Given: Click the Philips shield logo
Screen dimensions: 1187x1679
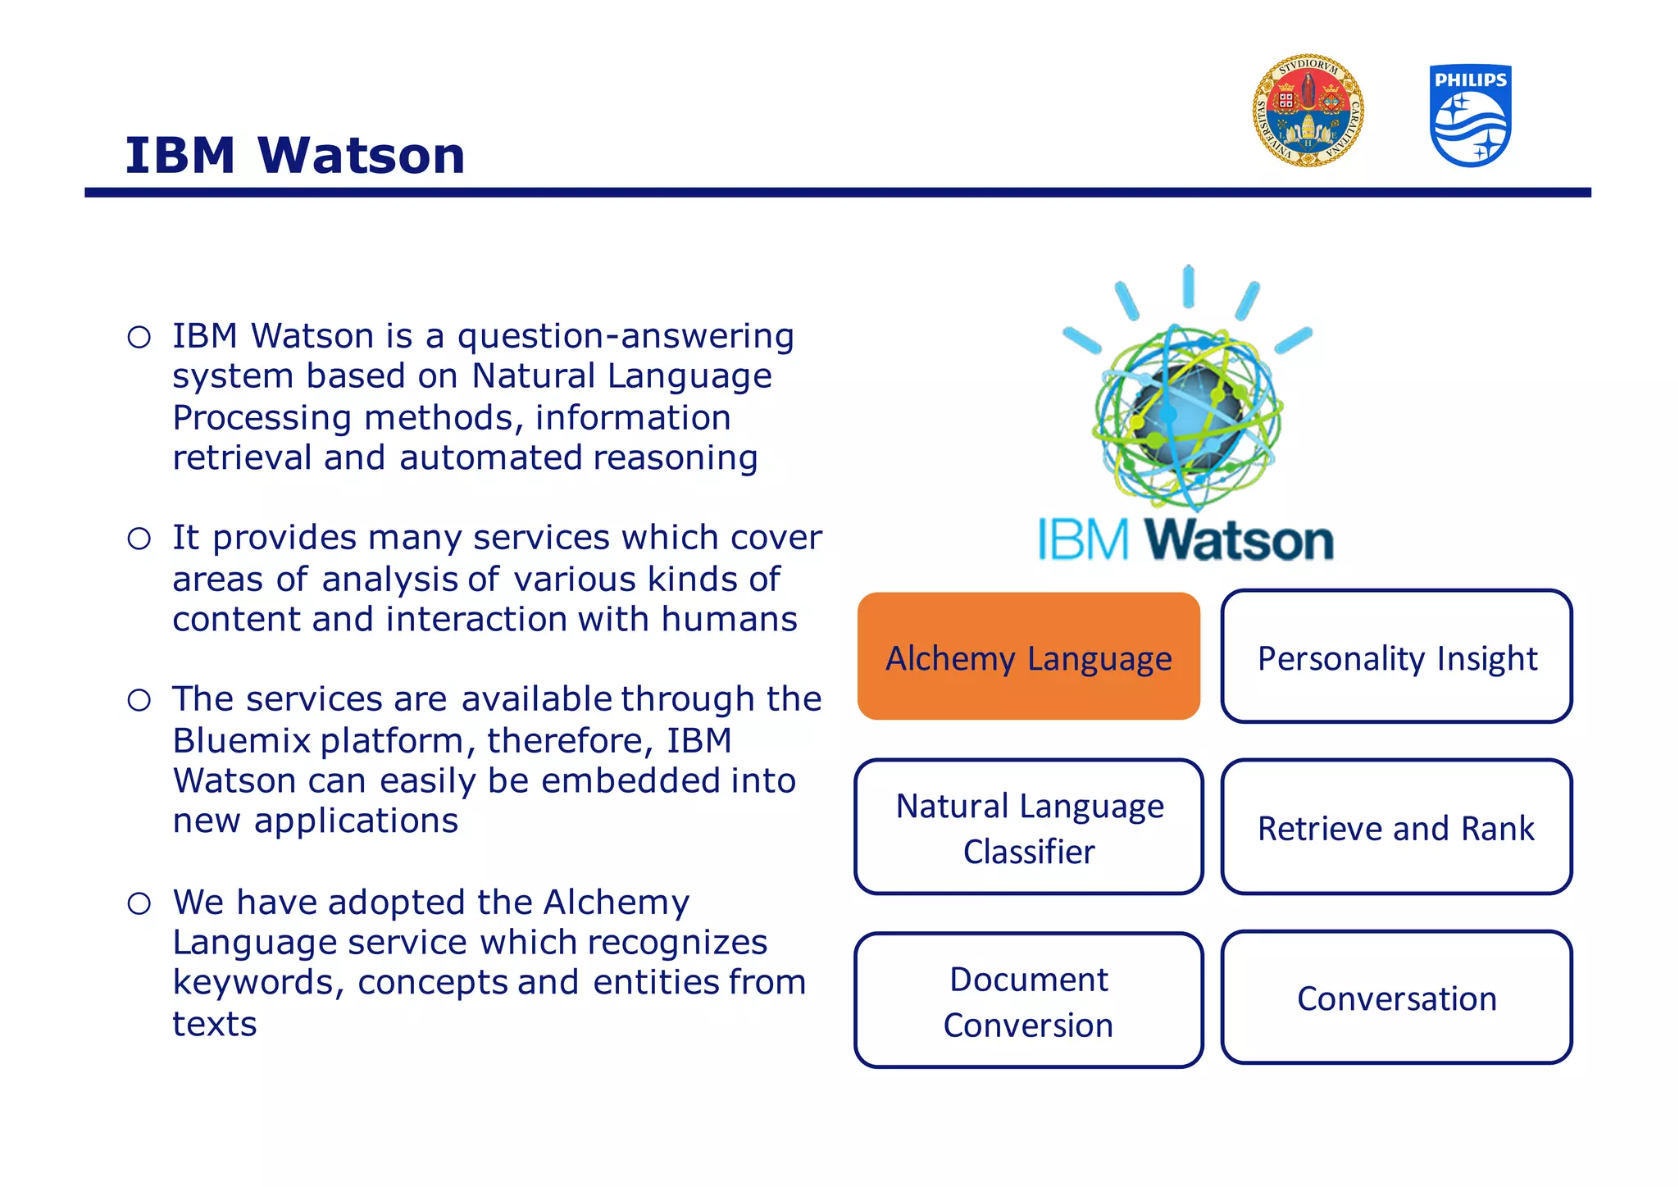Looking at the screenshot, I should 1471,116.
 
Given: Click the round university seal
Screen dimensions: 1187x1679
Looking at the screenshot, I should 1308,111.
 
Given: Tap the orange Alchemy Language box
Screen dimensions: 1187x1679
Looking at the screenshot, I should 1029,657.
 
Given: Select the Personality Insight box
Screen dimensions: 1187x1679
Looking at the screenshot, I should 1396,657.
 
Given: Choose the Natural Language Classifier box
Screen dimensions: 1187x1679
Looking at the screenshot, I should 1029,827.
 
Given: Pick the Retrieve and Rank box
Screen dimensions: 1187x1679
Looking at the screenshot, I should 1396,827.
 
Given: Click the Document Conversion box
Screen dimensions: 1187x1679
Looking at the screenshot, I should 1029,1001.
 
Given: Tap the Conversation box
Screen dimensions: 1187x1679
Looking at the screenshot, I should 1396,998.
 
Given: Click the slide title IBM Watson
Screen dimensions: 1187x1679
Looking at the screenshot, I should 295,155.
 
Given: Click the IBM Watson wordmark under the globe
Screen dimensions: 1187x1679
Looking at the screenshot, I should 1185,540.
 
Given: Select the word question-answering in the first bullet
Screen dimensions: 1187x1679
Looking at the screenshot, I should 626,336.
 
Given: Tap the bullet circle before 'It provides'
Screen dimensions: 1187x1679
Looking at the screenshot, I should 139,539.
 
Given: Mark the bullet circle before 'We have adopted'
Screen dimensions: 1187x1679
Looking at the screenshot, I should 139,903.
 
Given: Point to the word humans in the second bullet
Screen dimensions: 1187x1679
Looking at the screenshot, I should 729,619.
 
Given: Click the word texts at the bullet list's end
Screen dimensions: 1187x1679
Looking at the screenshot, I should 215,1024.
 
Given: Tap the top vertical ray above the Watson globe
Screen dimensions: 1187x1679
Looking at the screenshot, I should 1188,286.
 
